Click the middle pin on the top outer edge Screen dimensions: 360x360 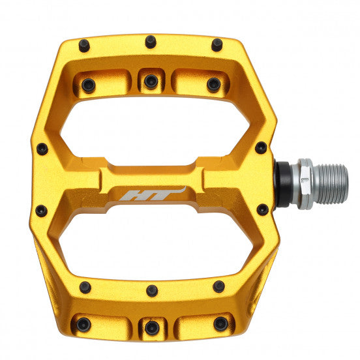pyautogui.click(x=151, y=41)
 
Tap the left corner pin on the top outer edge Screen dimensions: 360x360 pyautogui.click(x=84, y=45)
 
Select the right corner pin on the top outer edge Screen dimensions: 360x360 pyautogui.click(x=217, y=44)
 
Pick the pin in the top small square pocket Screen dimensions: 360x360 pyautogui.click(x=151, y=82)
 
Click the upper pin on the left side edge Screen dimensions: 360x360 pyautogui.click(x=42, y=149)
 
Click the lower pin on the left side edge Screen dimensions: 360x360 pyautogui.click(x=40, y=211)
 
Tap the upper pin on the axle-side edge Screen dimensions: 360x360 pyautogui.click(x=261, y=147)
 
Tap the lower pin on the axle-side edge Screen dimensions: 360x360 pyautogui.click(x=262, y=209)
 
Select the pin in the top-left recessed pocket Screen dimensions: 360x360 pyautogui.click(x=87, y=85)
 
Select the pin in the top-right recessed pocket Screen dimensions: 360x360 pyautogui.click(x=213, y=84)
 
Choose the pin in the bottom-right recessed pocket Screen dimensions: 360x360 pyautogui.click(x=221, y=323)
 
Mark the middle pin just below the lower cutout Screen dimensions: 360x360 pyautogui.click(x=152, y=290)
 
